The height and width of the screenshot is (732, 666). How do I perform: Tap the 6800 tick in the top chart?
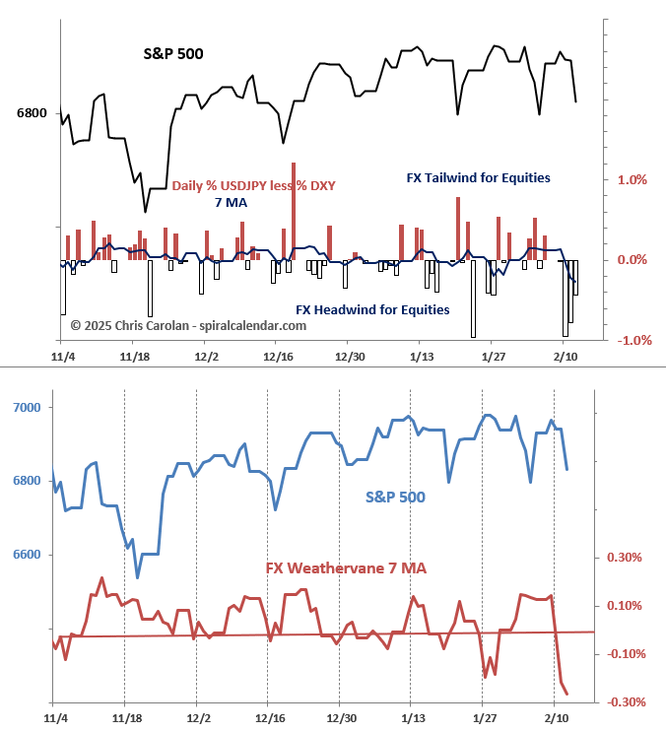tap(32, 113)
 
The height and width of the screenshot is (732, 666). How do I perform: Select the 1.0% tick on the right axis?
tap(632, 180)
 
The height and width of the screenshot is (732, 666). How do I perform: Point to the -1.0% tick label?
tap(631, 341)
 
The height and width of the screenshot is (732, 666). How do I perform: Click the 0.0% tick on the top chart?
tap(632, 260)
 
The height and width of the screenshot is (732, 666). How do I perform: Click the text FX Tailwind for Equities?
tap(478, 178)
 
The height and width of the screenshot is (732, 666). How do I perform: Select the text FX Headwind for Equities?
tap(373, 309)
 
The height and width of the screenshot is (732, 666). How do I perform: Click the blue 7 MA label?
tap(231, 203)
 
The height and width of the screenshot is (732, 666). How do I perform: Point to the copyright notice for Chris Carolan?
tap(188, 325)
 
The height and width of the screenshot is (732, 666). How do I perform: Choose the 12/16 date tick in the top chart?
tap(278, 356)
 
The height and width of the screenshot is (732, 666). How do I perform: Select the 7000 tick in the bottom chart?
tap(30, 408)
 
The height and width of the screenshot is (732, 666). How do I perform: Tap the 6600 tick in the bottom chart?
tap(30, 556)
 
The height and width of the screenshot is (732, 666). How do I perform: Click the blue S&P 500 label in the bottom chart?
tap(395, 498)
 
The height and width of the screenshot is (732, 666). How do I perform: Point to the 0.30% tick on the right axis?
tap(625, 558)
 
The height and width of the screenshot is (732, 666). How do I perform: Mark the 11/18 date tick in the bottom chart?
tap(125, 716)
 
